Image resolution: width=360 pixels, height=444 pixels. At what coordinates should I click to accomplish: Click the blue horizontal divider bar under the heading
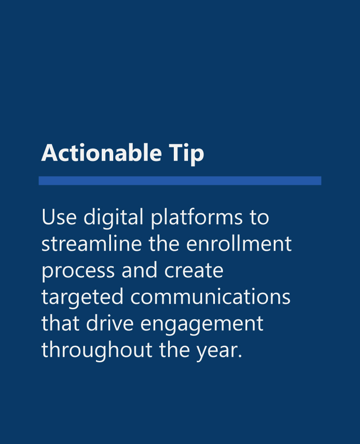tap(180, 180)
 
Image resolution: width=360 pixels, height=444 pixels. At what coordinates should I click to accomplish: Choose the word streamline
tap(91, 244)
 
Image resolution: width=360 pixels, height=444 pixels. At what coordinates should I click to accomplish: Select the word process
tap(78, 271)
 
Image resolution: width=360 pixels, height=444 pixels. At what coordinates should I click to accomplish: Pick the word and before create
tap(140, 271)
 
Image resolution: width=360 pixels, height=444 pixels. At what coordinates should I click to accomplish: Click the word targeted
tap(82, 297)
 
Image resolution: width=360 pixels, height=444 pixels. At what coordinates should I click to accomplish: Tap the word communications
tap(211, 297)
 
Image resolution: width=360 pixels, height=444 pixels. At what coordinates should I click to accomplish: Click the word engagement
tap(202, 324)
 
